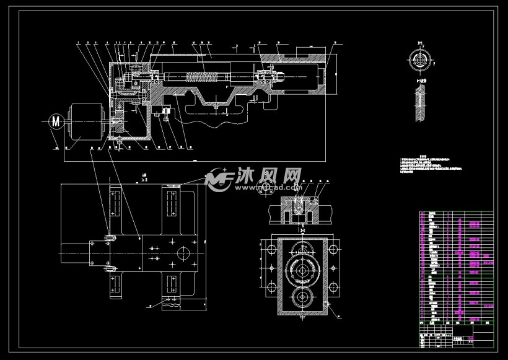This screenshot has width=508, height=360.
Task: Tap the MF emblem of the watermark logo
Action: (x=219, y=178)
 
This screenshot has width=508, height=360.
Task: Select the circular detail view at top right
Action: (x=421, y=61)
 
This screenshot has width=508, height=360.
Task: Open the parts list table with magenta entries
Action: (x=456, y=266)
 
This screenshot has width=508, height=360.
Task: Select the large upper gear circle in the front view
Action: (x=302, y=268)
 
